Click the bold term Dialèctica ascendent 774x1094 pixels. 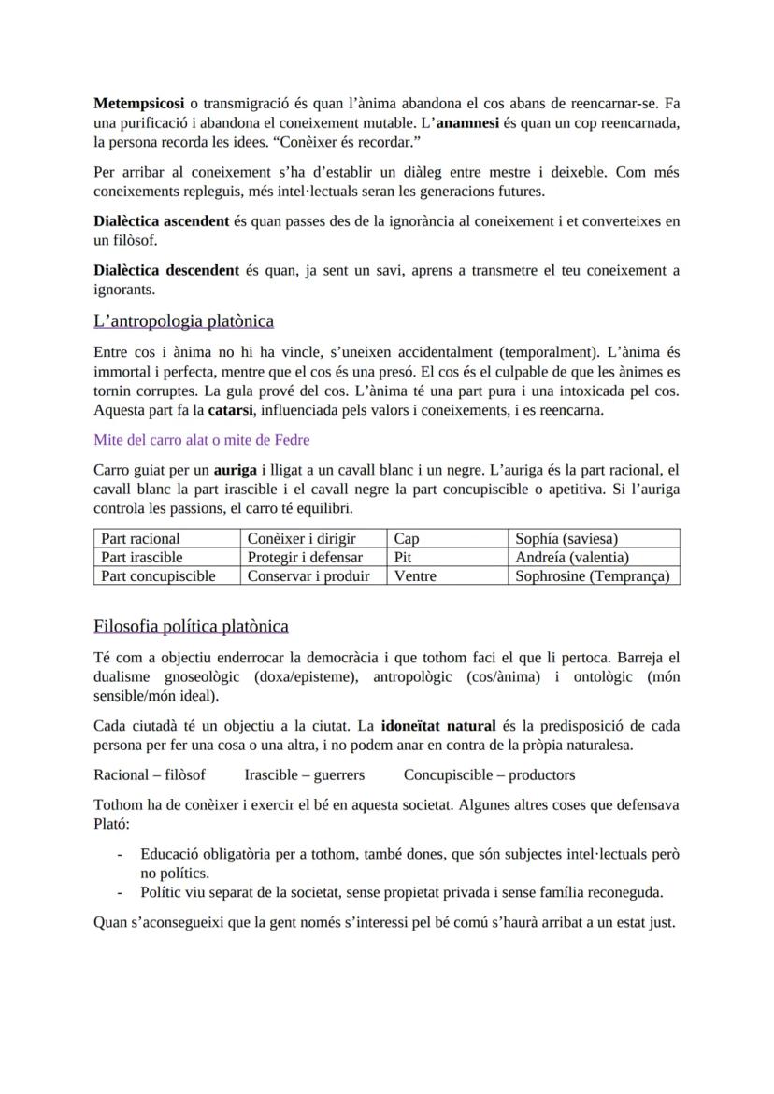[162, 221]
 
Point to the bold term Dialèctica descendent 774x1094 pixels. [166, 271]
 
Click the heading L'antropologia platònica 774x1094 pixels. [184, 321]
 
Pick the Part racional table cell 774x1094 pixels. [140, 538]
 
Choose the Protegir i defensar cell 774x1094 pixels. [304, 558]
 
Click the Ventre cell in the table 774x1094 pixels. [415, 576]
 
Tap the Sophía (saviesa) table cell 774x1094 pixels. [566, 538]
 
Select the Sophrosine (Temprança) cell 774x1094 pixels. [592, 576]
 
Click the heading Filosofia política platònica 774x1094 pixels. [191, 626]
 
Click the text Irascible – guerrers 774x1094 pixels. [305, 774]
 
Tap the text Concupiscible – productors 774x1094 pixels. [490, 774]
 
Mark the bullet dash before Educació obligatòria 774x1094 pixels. [119, 854]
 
